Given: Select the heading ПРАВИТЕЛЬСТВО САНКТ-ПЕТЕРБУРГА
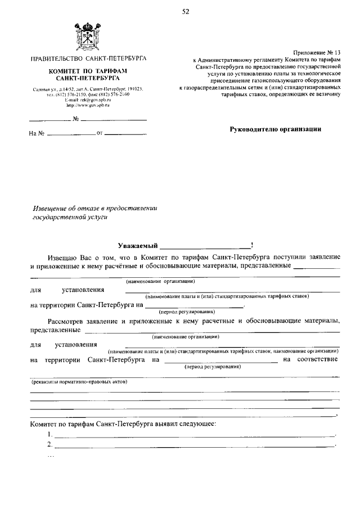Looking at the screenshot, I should coord(88,58).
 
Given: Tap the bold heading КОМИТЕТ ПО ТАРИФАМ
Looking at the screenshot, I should coord(88,71).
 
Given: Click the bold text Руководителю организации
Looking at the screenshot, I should coord(276,129).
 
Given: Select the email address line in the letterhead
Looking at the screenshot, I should coord(88,100).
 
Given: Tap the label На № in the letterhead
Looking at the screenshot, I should coord(36,134).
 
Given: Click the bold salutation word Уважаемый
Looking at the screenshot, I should coord(137,245).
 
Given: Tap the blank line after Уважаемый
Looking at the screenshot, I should coord(205,245).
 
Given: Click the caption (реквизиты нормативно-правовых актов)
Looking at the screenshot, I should coord(79,382).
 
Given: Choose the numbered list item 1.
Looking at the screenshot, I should coord(50,435).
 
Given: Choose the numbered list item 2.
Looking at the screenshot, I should coord(50,445).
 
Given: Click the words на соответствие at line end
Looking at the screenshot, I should coord(310,359).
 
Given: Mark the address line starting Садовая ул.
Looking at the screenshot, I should coord(88,89).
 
